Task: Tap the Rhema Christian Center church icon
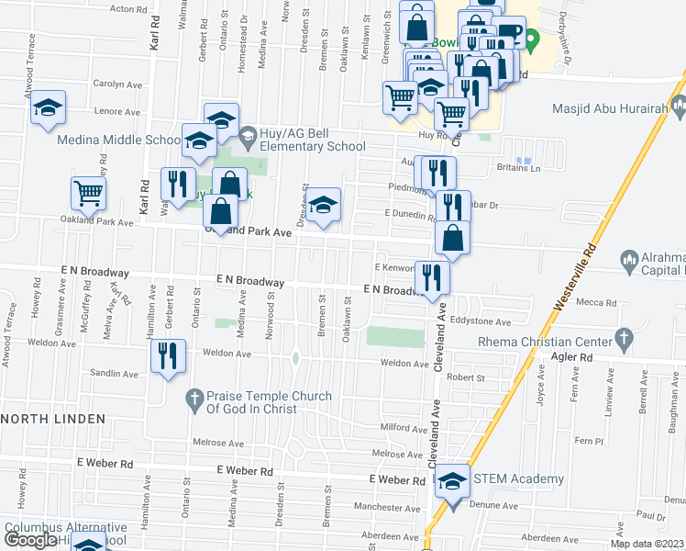coord(625,336)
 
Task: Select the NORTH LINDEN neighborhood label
coord(54,418)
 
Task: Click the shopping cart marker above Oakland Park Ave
coord(89,193)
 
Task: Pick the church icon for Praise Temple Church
coord(193,399)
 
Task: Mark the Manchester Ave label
coord(381,507)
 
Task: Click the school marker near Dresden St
coord(323,206)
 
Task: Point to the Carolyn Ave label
coord(117,84)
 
